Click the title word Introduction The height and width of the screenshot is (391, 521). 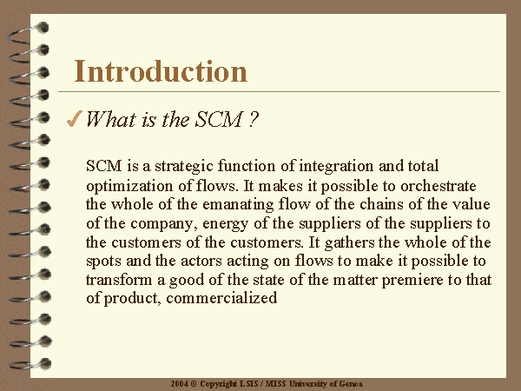pyautogui.click(x=161, y=71)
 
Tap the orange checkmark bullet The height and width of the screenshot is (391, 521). pyautogui.click(x=74, y=119)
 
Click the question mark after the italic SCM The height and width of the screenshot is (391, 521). pyautogui.click(x=253, y=119)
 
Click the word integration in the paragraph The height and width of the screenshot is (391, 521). pyautogui.click(x=336, y=166)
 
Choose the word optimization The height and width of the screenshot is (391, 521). pyautogui.click(x=129, y=186)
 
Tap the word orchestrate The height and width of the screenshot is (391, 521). pyautogui.click(x=439, y=186)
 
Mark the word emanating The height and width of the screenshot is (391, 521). pyautogui.click(x=238, y=205)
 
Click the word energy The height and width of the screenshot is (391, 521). pyautogui.click(x=225, y=224)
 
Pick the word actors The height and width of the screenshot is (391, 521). pyautogui.click(x=201, y=261)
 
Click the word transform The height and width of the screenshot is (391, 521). pyautogui.click(x=119, y=280)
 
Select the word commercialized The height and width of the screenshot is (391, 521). pyautogui.click(x=221, y=298)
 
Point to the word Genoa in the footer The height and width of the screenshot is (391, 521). pyautogui.click(x=351, y=384)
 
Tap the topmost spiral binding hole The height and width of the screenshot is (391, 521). pyautogui.click(x=43, y=28)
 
